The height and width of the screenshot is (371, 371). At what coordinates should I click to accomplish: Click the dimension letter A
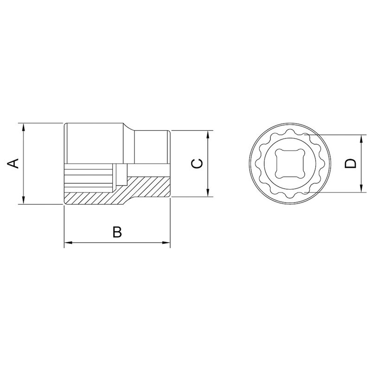coord(14,163)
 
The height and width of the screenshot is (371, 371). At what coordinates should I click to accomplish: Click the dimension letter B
coord(117,231)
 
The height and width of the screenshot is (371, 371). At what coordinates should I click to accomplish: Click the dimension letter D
coord(351,163)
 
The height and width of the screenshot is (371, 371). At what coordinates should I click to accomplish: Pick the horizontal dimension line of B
coord(93,243)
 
